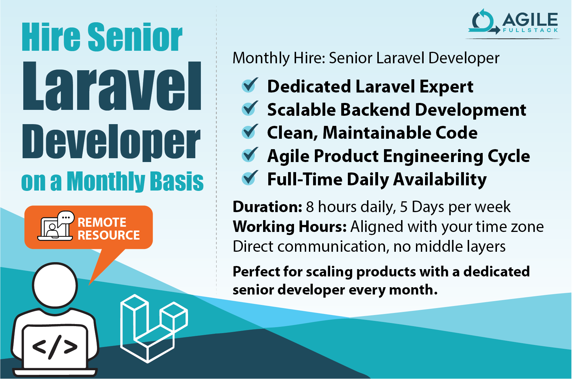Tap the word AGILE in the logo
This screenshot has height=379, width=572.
point(530,20)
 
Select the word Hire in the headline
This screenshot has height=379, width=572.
point(51,37)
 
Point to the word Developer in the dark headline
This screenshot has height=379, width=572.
point(111,143)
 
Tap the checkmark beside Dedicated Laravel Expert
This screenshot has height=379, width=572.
point(250,86)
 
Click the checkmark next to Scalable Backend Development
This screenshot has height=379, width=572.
point(250,109)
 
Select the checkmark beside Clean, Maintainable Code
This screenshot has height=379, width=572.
point(250,132)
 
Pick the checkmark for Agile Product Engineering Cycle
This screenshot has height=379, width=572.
point(250,155)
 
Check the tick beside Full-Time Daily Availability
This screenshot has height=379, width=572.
point(250,178)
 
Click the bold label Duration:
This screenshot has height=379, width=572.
point(267,207)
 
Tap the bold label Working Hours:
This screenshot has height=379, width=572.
point(289,227)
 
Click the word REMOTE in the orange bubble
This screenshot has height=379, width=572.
point(102,222)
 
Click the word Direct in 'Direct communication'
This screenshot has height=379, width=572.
point(253,247)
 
